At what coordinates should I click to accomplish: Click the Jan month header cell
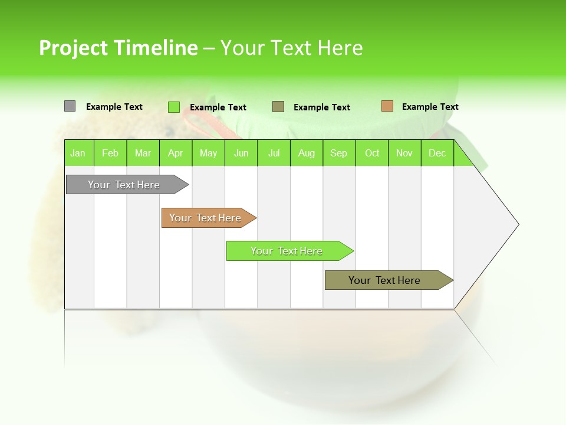click(x=78, y=153)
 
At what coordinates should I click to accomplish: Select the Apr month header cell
click(x=176, y=153)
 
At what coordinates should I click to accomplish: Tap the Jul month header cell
click(x=274, y=153)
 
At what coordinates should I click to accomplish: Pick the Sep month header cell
click(x=339, y=153)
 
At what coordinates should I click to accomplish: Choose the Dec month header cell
click(x=437, y=153)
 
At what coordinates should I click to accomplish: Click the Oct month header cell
click(x=372, y=153)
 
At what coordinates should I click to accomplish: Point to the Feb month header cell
click(x=110, y=153)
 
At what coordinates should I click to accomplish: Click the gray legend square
click(x=70, y=106)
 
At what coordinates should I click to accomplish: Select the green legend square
click(x=174, y=107)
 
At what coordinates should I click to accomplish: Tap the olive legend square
click(x=278, y=107)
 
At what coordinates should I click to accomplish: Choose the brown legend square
click(x=387, y=106)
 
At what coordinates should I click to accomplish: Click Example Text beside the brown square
click(x=430, y=107)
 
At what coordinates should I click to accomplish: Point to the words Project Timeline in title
click(x=118, y=48)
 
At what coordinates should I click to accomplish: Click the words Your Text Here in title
click(x=291, y=48)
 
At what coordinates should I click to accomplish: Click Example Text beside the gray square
click(x=114, y=107)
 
